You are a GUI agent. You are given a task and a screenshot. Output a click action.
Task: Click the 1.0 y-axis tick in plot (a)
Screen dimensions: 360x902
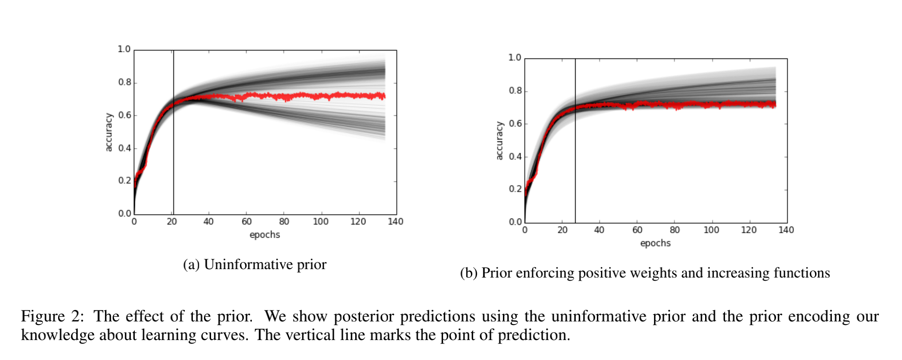click(124, 49)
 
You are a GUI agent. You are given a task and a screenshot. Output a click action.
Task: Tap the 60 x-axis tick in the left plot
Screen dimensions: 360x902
click(246, 221)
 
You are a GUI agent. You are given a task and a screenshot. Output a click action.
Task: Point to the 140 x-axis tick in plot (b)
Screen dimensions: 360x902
click(786, 230)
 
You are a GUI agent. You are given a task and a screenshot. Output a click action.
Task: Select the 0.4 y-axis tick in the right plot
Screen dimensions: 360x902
click(515, 157)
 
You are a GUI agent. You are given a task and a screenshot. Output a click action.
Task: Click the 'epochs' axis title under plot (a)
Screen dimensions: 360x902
click(265, 235)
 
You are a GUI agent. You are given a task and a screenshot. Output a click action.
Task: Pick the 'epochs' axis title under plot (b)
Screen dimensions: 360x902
click(655, 243)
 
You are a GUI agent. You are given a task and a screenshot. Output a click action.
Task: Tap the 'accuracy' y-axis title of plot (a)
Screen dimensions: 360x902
click(109, 132)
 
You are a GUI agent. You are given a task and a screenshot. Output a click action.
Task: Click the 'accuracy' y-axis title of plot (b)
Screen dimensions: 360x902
click(499, 141)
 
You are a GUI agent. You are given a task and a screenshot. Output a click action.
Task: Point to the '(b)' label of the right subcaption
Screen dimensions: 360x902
click(469, 273)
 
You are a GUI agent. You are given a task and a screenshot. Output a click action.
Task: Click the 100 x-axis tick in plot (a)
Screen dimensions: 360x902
click(320, 221)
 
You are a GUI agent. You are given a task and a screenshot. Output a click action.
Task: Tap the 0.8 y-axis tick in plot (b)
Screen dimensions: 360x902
click(515, 90)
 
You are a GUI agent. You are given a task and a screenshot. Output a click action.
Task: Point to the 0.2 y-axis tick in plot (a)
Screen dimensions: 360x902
click(124, 180)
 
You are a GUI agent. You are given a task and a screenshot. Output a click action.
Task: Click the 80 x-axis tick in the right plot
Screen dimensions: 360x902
click(674, 230)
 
